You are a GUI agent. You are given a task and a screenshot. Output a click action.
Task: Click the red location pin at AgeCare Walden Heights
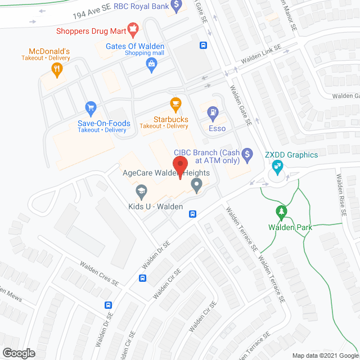(x=180, y=165)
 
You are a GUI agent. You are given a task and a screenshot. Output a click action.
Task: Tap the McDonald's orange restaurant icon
(x=56, y=70)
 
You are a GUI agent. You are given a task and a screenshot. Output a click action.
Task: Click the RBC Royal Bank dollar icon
(x=176, y=6)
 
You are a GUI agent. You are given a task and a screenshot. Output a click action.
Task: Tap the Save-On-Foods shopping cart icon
(x=90, y=107)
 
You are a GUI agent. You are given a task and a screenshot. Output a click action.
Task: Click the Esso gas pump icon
(x=214, y=113)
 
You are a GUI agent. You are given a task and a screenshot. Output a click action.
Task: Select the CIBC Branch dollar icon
(x=246, y=153)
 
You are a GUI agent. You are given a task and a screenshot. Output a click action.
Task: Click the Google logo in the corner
(x=19, y=353)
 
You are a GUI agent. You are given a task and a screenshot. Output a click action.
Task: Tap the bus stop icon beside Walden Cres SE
(x=143, y=277)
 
